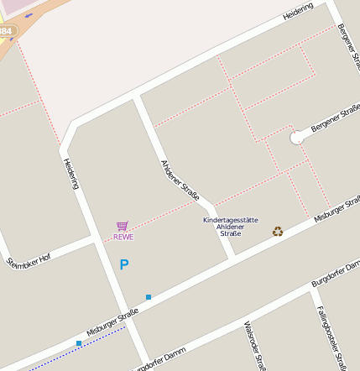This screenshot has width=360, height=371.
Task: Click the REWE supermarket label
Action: pos(123,237)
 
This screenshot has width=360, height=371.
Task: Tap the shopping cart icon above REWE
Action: pos(123,226)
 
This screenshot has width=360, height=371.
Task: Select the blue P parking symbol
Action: pos(124,265)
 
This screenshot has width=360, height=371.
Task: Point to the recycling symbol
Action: pos(278,231)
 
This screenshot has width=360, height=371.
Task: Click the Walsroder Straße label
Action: pos(254,346)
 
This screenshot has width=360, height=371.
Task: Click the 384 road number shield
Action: pos(6,31)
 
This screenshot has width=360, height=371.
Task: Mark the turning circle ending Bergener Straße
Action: pos(296,138)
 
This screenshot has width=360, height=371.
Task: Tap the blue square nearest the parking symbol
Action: pos(149,297)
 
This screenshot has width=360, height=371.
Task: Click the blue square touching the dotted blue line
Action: pos(79,343)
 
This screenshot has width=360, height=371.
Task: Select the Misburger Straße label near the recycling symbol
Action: pos(337,209)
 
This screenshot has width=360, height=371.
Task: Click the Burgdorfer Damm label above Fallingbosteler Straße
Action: pos(336,274)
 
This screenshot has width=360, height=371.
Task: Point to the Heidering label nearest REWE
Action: pos(70,173)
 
